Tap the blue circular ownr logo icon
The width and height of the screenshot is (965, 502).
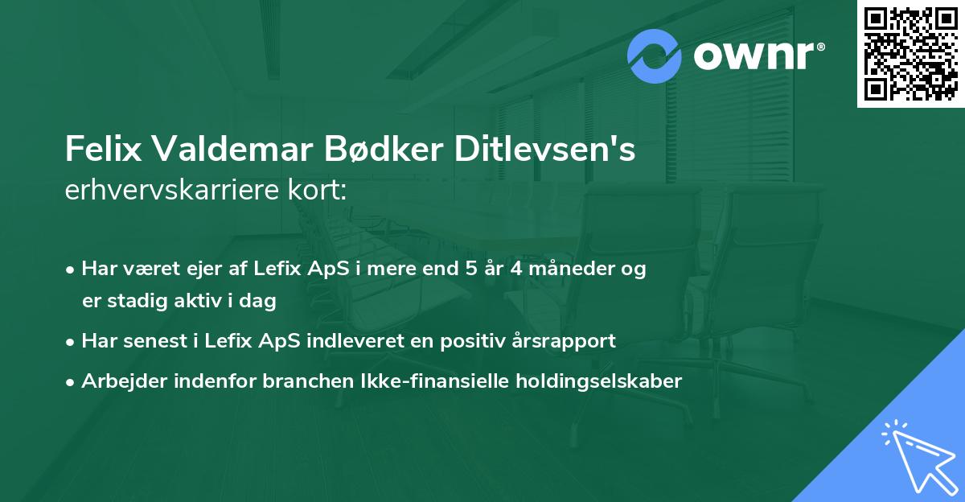pyautogui.click(x=655, y=56)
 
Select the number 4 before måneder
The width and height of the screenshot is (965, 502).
pyautogui.click(x=516, y=269)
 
